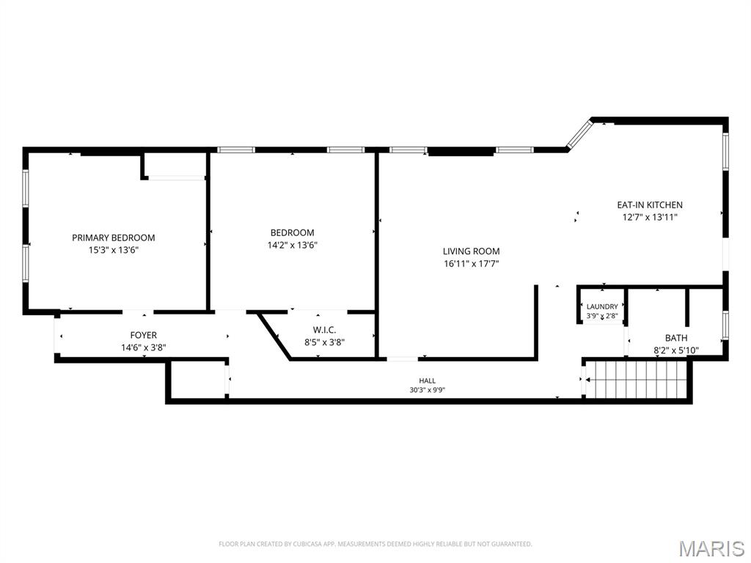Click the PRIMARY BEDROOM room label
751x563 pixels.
(x=114, y=238)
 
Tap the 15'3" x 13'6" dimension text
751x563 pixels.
(x=114, y=250)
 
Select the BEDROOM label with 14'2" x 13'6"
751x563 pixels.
(x=292, y=232)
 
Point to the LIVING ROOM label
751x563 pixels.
(x=472, y=251)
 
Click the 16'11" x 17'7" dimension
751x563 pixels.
(x=472, y=263)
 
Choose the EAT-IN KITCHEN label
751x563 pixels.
(x=650, y=205)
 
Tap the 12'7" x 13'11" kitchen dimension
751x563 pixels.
(x=650, y=217)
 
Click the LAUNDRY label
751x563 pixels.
(x=602, y=307)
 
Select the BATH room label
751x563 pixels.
(x=676, y=338)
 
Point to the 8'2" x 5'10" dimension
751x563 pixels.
(x=676, y=350)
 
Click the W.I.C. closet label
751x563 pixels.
(x=324, y=330)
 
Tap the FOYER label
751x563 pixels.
(x=143, y=335)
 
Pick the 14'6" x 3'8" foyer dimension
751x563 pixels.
(x=143, y=347)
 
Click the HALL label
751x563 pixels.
(x=428, y=380)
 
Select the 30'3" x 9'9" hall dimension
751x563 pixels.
(x=428, y=390)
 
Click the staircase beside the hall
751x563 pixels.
(x=637, y=379)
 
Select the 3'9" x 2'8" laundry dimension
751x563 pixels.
(x=602, y=316)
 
